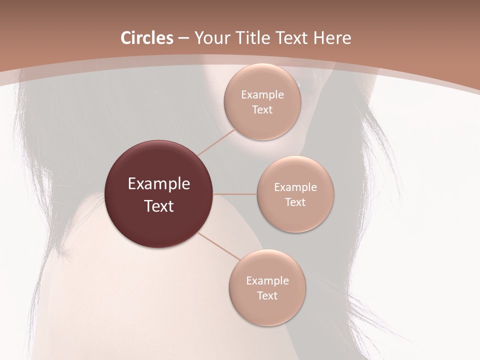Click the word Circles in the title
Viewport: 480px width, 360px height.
click(146, 38)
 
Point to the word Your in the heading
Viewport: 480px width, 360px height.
click(210, 38)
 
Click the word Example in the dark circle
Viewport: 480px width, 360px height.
click(159, 184)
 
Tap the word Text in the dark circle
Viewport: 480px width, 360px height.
click(159, 206)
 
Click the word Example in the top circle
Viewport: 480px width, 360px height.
click(262, 94)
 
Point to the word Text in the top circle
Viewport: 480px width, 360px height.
click(262, 109)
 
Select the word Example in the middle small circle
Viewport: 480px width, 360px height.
click(295, 187)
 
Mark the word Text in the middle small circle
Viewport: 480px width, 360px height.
click(295, 202)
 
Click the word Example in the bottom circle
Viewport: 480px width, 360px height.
click(267, 280)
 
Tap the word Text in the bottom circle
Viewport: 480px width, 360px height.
click(267, 295)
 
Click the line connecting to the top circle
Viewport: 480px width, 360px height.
click(217, 142)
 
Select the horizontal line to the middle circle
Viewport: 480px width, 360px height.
click(235, 194)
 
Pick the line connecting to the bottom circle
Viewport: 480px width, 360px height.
click(220, 246)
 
